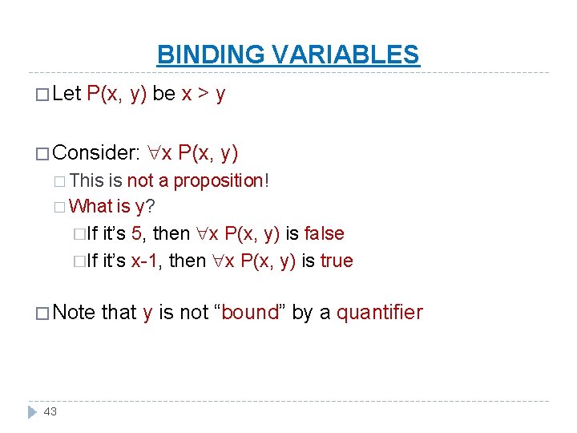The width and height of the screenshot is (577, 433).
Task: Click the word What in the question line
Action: [x=91, y=206]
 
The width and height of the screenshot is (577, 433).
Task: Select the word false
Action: [x=324, y=233]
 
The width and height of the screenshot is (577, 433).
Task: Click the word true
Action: [x=337, y=261]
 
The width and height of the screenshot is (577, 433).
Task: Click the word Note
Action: [x=74, y=312]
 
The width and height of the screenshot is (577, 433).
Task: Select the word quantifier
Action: [x=379, y=312]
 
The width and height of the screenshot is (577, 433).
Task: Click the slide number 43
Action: [x=50, y=411]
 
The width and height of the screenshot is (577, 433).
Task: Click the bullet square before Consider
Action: [x=41, y=152]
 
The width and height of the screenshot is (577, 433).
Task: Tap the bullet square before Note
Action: [x=41, y=313]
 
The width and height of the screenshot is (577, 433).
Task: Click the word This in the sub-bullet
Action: [x=87, y=180]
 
